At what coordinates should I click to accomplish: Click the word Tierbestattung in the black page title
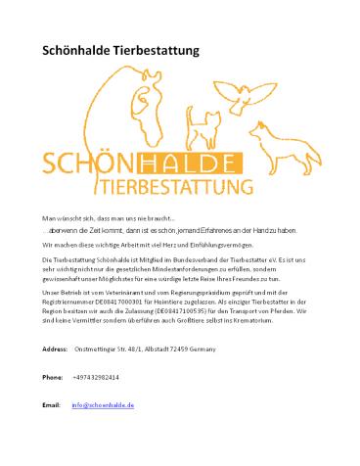click(x=157, y=48)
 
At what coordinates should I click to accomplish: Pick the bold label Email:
click(x=53, y=432)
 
